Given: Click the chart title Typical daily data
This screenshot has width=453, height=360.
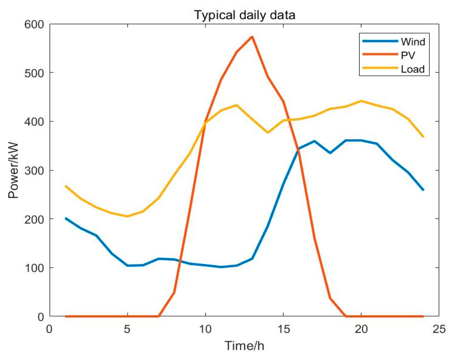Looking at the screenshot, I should coord(245,15).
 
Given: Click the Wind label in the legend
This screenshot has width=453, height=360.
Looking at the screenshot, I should coord(413,42).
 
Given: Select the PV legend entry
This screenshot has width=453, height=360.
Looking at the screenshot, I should coord(408,55).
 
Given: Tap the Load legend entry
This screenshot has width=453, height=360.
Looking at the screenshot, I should coord(413,69).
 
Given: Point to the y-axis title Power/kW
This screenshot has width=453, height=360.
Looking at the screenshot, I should coord(13,170).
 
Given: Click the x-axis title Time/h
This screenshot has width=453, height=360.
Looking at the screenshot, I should coord(244,345).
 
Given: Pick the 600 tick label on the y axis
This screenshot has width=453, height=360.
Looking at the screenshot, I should coord(34,24).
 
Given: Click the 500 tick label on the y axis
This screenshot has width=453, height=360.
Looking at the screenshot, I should coord(34,73).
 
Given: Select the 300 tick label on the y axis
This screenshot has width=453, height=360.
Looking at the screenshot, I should coord(34,170).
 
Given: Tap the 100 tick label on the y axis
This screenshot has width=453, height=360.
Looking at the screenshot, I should coord(34,268).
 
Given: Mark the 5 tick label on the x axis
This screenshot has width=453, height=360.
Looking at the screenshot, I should coord(127,329).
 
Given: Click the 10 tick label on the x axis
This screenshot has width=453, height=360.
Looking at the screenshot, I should coord(205,329).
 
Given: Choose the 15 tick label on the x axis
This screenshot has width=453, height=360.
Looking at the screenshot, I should coord(283,329).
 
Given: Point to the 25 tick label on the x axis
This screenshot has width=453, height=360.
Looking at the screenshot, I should coord(439,329).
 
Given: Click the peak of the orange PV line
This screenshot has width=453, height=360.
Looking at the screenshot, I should coord(252,37).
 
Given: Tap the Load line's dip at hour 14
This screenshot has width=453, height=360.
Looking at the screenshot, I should coord(268,133).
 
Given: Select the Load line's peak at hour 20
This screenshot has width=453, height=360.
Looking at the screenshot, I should coord(361,101).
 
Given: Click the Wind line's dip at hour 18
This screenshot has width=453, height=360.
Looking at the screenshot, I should coord(330,153).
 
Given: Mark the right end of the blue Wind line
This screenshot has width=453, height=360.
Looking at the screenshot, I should coord(423,190).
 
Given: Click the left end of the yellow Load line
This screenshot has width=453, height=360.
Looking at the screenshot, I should coord(65,186).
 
